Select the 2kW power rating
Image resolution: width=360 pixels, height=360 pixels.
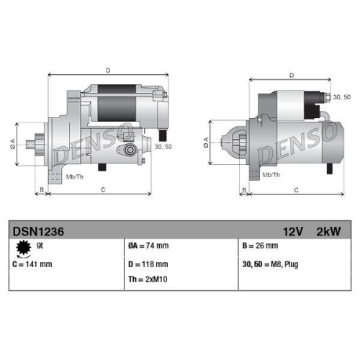(328, 231)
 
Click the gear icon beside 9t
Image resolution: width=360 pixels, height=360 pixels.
(22, 248)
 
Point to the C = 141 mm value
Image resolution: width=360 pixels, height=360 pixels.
(32, 264)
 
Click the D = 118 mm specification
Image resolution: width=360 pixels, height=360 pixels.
(148, 264)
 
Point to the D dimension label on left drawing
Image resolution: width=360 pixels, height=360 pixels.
(108, 70)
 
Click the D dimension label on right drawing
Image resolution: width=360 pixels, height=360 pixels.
(291, 75)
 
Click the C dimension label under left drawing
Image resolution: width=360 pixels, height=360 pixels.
(103, 189)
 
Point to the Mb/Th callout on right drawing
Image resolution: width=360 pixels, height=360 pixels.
(271, 175)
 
